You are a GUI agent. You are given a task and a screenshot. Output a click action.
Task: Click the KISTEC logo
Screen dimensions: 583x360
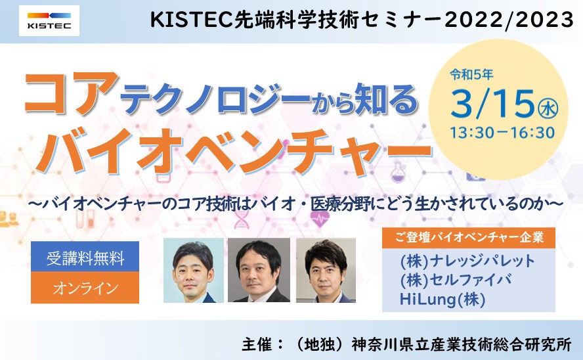click(49, 20)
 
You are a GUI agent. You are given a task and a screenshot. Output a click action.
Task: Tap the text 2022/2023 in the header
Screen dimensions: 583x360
click(509, 19)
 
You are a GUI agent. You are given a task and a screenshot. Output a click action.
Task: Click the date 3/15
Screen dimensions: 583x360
click(493, 104)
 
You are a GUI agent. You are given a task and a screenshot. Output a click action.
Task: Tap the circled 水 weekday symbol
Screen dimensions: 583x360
click(548, 110)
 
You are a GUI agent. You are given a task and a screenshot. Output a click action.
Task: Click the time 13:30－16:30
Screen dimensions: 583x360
click(503, 133)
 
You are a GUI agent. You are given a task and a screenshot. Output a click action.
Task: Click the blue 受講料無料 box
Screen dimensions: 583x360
click(85, 257)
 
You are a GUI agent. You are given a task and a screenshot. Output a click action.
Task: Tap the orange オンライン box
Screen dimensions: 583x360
click(85, 288)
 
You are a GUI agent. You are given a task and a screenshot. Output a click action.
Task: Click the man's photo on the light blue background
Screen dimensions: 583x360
click(193, 270)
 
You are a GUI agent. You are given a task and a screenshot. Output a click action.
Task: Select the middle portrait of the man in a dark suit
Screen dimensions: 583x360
click(259, 270)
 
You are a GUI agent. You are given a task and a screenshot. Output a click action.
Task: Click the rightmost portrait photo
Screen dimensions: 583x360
click(326, 270)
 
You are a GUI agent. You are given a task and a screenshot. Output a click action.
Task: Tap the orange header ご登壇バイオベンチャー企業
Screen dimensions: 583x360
click(469, 237)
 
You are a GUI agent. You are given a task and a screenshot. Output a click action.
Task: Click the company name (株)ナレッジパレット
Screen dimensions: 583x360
click(467, 261)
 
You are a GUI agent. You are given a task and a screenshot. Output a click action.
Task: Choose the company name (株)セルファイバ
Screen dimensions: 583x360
click(456, 280)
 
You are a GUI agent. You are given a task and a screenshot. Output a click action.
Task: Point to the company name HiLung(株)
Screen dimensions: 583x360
click(443, 299)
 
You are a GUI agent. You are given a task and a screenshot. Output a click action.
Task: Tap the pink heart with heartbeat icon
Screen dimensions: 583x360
click(320, 218)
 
